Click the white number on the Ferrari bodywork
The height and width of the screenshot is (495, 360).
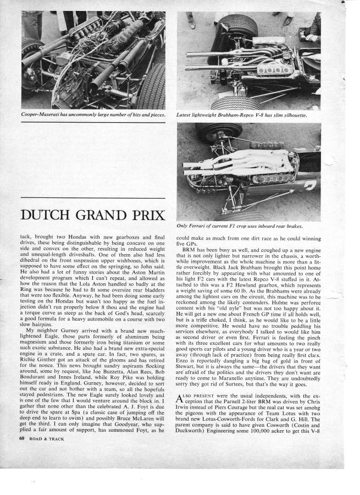pyautogui.click(x=309, y=185)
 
